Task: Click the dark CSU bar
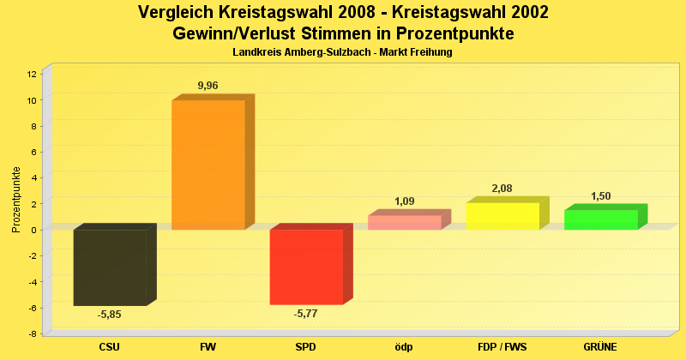[x=110, y=267]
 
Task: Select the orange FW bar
[x=208, y=165]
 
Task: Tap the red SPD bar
[x=306, y=267]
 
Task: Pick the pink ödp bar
[x=404, y=222]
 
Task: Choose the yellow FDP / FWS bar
[x=502, y=216]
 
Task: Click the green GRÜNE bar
[x=600, y=219]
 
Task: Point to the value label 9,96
[x=209, y=86]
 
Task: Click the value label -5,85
[x=109, y=315]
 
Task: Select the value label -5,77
[x=305, y=314]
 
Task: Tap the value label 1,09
[x=405, y=201]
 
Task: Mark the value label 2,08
[x=502, y=189]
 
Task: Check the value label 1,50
[x=600, y=196]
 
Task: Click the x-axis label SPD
[x=305, y=347]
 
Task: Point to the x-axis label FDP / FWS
[x=502, y=347]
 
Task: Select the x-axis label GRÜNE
[x=600, y=347]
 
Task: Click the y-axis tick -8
[x=32, y=333]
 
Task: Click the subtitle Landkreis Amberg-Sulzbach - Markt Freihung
[x=342, y=52]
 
